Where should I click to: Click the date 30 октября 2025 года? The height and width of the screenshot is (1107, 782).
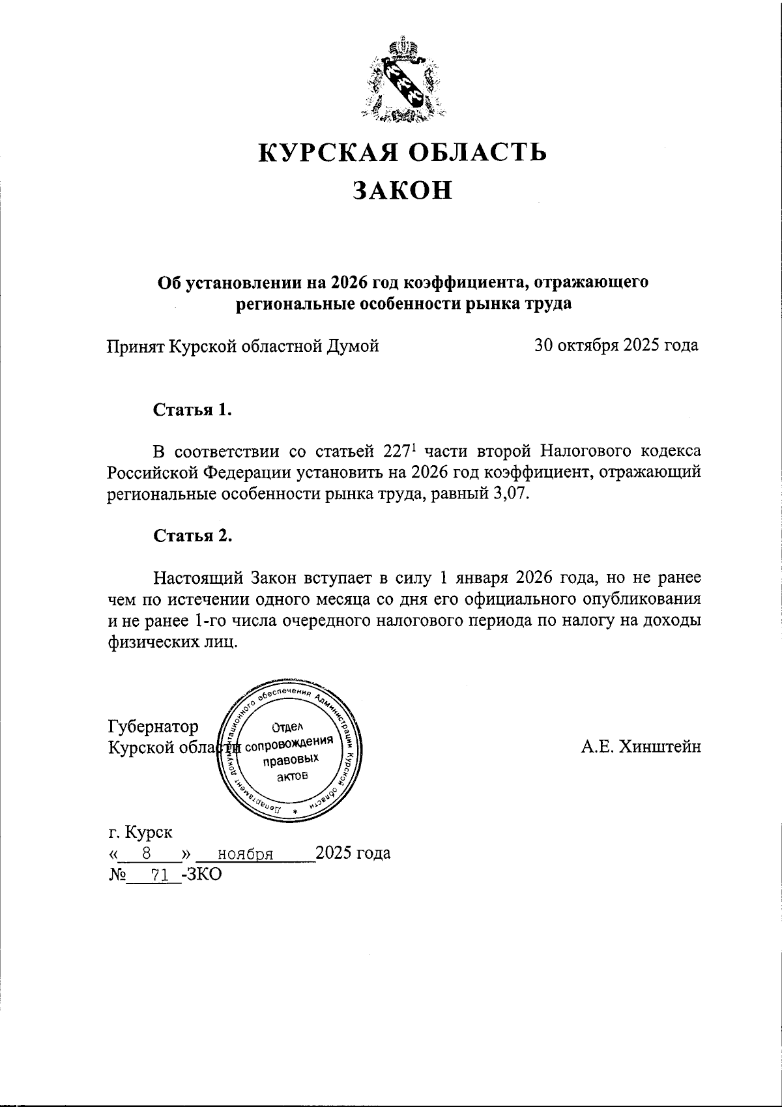coord(616,345)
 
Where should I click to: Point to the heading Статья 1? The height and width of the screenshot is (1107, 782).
coord(193,410)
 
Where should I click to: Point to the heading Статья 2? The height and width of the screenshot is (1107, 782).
coord(193,536)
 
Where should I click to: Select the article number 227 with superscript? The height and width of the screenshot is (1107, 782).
coord(396,451)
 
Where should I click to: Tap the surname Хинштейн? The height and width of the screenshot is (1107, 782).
coord(659,747)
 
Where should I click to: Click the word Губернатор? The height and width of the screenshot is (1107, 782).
coord(153,726)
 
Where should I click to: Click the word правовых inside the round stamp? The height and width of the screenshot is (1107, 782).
coord(291,760)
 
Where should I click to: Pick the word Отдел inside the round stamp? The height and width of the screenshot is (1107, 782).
coord(287,728)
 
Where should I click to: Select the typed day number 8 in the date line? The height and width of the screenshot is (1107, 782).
coord(147,853)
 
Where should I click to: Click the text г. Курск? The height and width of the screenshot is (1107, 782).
coord(140,833)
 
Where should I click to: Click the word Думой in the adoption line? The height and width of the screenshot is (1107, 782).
coord(351,346)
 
